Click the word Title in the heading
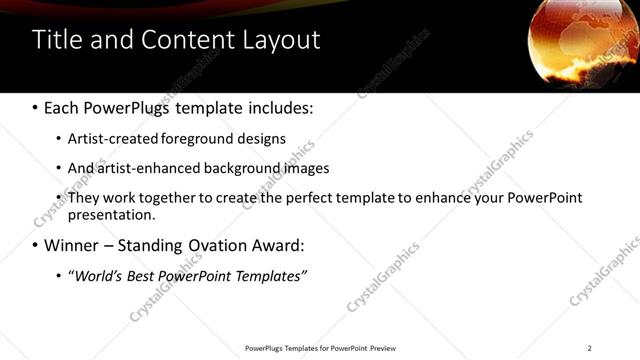pos(56,40)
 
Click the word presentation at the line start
pos(110,214)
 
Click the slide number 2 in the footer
pos(590,348)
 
